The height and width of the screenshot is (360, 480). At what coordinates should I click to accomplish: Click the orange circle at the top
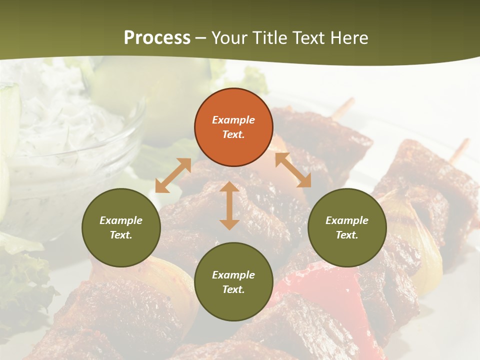233,127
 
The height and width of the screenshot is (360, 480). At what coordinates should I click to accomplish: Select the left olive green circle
121,227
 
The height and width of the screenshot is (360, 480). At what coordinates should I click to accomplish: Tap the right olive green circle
346,227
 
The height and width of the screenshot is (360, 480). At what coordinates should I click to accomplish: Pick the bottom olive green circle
233,282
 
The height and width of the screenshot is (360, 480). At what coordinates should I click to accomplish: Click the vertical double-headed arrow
229,205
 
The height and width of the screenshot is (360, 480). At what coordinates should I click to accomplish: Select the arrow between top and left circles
173,175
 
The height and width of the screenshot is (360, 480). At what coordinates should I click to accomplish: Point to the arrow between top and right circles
293,170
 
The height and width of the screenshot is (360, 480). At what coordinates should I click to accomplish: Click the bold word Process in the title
157,38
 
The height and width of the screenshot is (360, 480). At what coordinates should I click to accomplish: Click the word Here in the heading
349,38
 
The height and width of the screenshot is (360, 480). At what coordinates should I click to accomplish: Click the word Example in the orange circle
233,120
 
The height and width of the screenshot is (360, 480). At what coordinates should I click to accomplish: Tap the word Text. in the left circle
121,235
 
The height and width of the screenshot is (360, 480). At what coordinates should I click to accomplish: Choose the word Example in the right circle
346,220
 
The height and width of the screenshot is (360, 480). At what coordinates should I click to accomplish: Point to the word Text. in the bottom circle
233,289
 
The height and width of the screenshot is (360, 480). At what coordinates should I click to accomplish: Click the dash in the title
200,38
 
